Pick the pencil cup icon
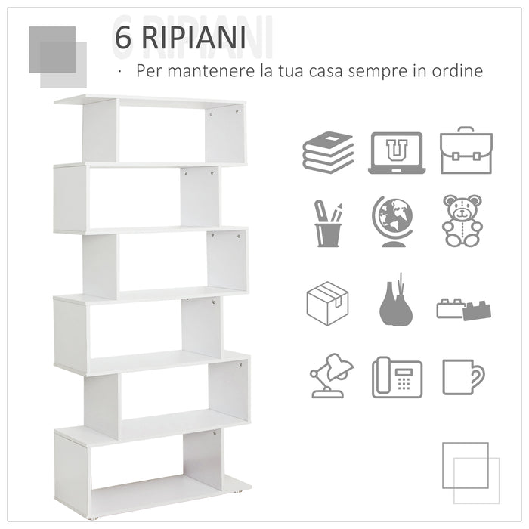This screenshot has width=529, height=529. [328, 224]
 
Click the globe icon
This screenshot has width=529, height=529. [394, 221]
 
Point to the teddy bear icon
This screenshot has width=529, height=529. [462, 221]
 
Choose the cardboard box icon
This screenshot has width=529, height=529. [327, 303]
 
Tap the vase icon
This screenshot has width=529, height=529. [395, 302]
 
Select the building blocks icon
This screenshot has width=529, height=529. [464, 308]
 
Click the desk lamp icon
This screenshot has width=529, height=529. [330, 376]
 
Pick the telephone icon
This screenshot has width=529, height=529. [397, 376]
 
